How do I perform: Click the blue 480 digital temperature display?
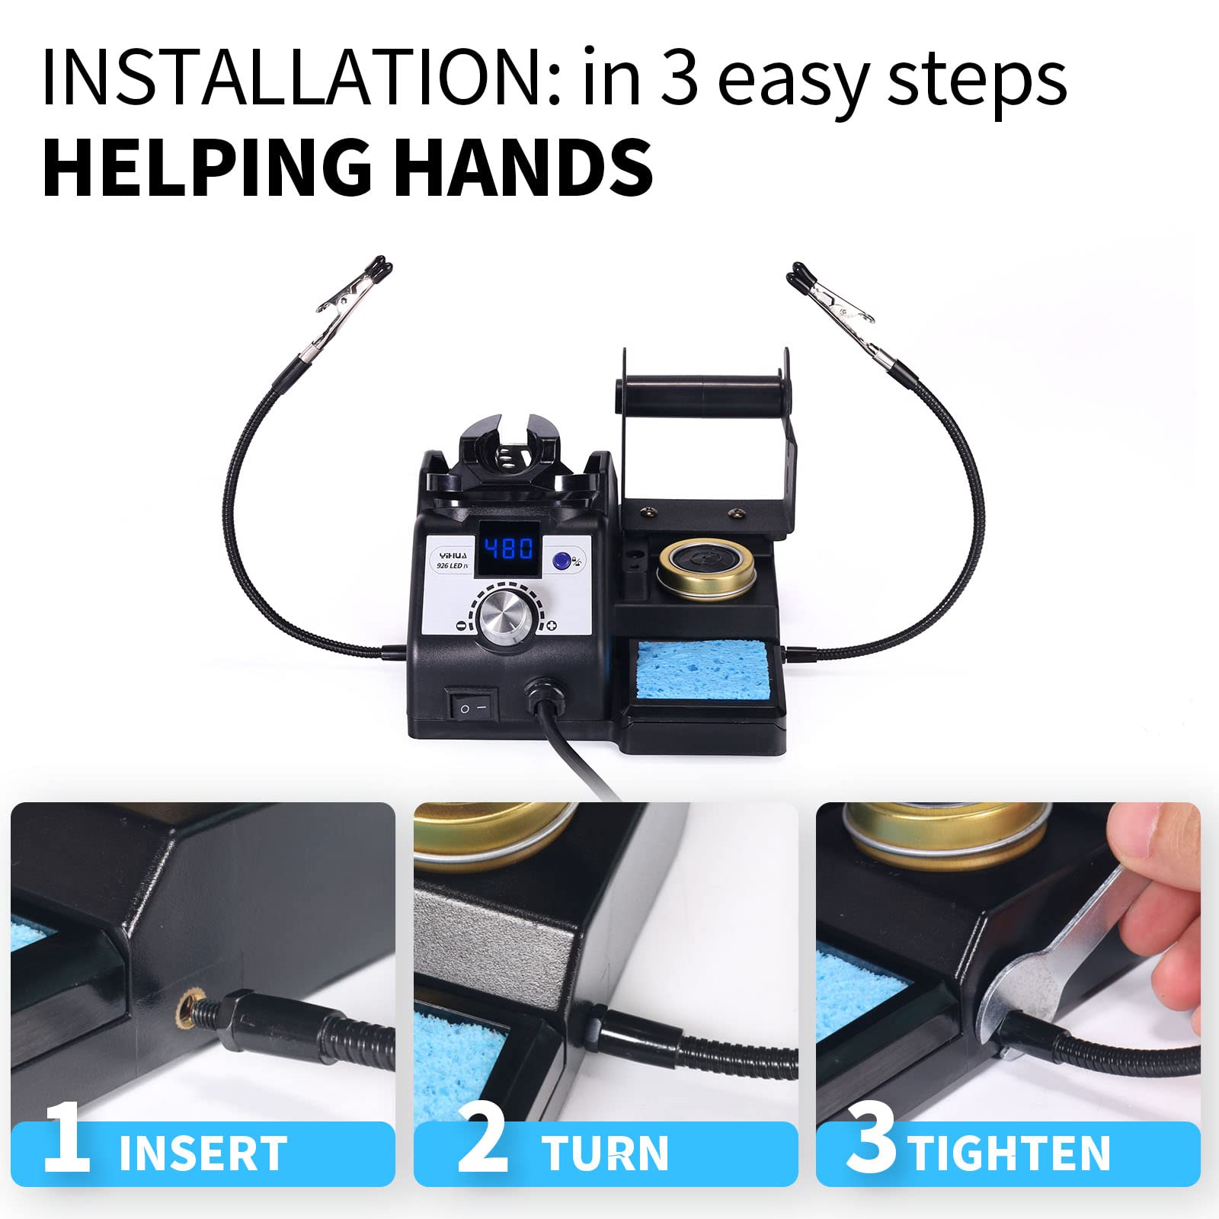coord(509,549)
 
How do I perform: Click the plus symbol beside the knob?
coord(552,625)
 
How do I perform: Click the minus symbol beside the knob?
coord(460,625)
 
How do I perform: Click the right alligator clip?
coord(834,301)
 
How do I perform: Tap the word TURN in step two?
coord(605,1153)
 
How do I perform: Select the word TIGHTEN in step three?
coord(1009,1153)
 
